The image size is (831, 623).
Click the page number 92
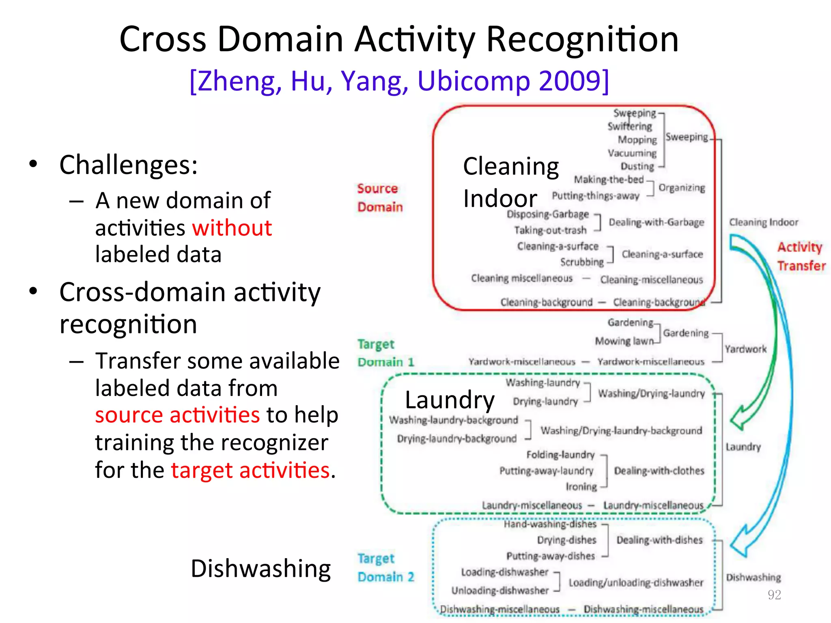pyautogui.click(x=774, y=595)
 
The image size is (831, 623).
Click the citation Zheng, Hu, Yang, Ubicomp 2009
pyautogui.click(x=399, y=81)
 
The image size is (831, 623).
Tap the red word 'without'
pyautogui.click(x=232, y=228)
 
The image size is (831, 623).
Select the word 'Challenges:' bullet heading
pyautogui.click(x=128, y=165)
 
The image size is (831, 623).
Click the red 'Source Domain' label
pyautogui.click(x=379, y=198)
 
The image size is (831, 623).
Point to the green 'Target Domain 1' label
pyautogui.click(x=385, y=353)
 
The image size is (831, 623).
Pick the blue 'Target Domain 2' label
pyautogui.click(x=385, y=567)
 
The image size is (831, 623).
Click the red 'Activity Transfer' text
pyautogui.click(x=801, y=256)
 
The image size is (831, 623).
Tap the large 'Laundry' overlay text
pyautogui.click(x=450, y=400)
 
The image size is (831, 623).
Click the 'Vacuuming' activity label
pyautogui.click(x=632, y=153)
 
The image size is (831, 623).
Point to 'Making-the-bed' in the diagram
pyautogui.click(x=609, y=179)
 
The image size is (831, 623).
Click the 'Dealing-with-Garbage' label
pyautogui.click(x=656, y=222)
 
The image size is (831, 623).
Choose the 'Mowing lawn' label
pyautogui.click(x=624, y=341)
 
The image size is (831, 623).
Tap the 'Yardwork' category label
pyautogui.click(x=745, y=349)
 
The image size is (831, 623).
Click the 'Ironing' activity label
pyautogui.click(x=581, y=486)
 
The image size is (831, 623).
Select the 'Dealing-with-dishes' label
pyautogui.click(x=659, y=540)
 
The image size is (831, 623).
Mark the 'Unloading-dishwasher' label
pyautogui.click(x=500, y=590)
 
